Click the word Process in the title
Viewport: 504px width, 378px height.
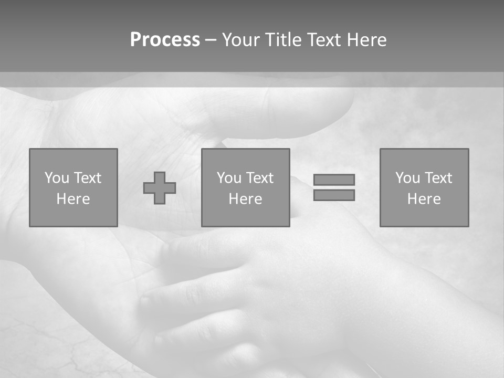pos(165,40)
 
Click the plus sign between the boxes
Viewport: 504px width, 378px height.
pos(160,188)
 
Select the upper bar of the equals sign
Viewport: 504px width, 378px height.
pos(334,180)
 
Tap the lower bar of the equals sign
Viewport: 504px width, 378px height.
pos(334,195)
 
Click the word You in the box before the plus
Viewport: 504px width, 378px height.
pos(57,178)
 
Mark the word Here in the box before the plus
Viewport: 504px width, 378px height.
pos(73,199)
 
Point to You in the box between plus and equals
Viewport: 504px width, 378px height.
pos(229,178)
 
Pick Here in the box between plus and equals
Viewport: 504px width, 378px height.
pos(246,199)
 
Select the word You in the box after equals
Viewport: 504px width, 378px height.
pos(407,178)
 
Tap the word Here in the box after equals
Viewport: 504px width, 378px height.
pos(424,199)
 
